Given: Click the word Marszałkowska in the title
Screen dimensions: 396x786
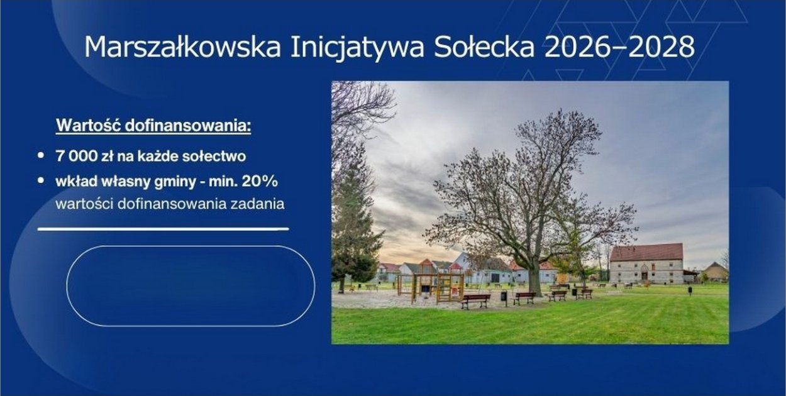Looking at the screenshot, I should (x=182, y=48).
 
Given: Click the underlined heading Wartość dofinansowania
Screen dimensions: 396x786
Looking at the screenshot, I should (x=153, y=126).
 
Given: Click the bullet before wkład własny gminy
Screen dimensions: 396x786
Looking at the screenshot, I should (x=41, y=181).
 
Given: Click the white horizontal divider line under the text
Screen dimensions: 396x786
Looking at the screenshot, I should (x=163, y=229).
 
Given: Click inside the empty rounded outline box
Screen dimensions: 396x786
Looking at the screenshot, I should (x=190, y=286).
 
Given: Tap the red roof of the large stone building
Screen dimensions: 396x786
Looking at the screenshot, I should (x=646, y=252).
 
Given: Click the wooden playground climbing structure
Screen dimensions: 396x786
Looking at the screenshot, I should (x=434, y=286).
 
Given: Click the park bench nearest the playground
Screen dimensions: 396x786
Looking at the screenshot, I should (x=475, y=300).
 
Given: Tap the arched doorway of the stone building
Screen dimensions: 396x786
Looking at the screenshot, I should (x=645, y=275).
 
